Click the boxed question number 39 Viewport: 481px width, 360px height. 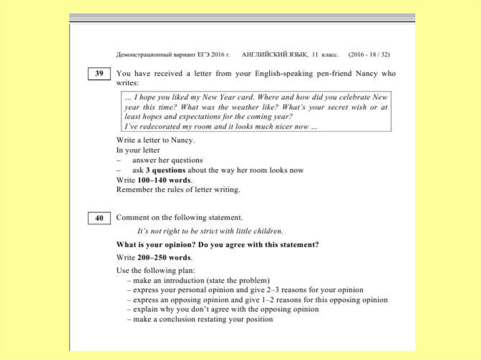pos(99,74)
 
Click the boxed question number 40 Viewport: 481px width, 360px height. pos(99,218)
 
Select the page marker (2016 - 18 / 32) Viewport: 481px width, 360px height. pos(369,54)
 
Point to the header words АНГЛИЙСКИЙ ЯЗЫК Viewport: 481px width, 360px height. pos(275,54)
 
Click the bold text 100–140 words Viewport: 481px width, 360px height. pos(164,180)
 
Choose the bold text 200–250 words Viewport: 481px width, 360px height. pos(164,258)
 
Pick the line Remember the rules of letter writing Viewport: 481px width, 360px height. pos(178,190)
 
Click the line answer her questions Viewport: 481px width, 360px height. pos(167,161)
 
